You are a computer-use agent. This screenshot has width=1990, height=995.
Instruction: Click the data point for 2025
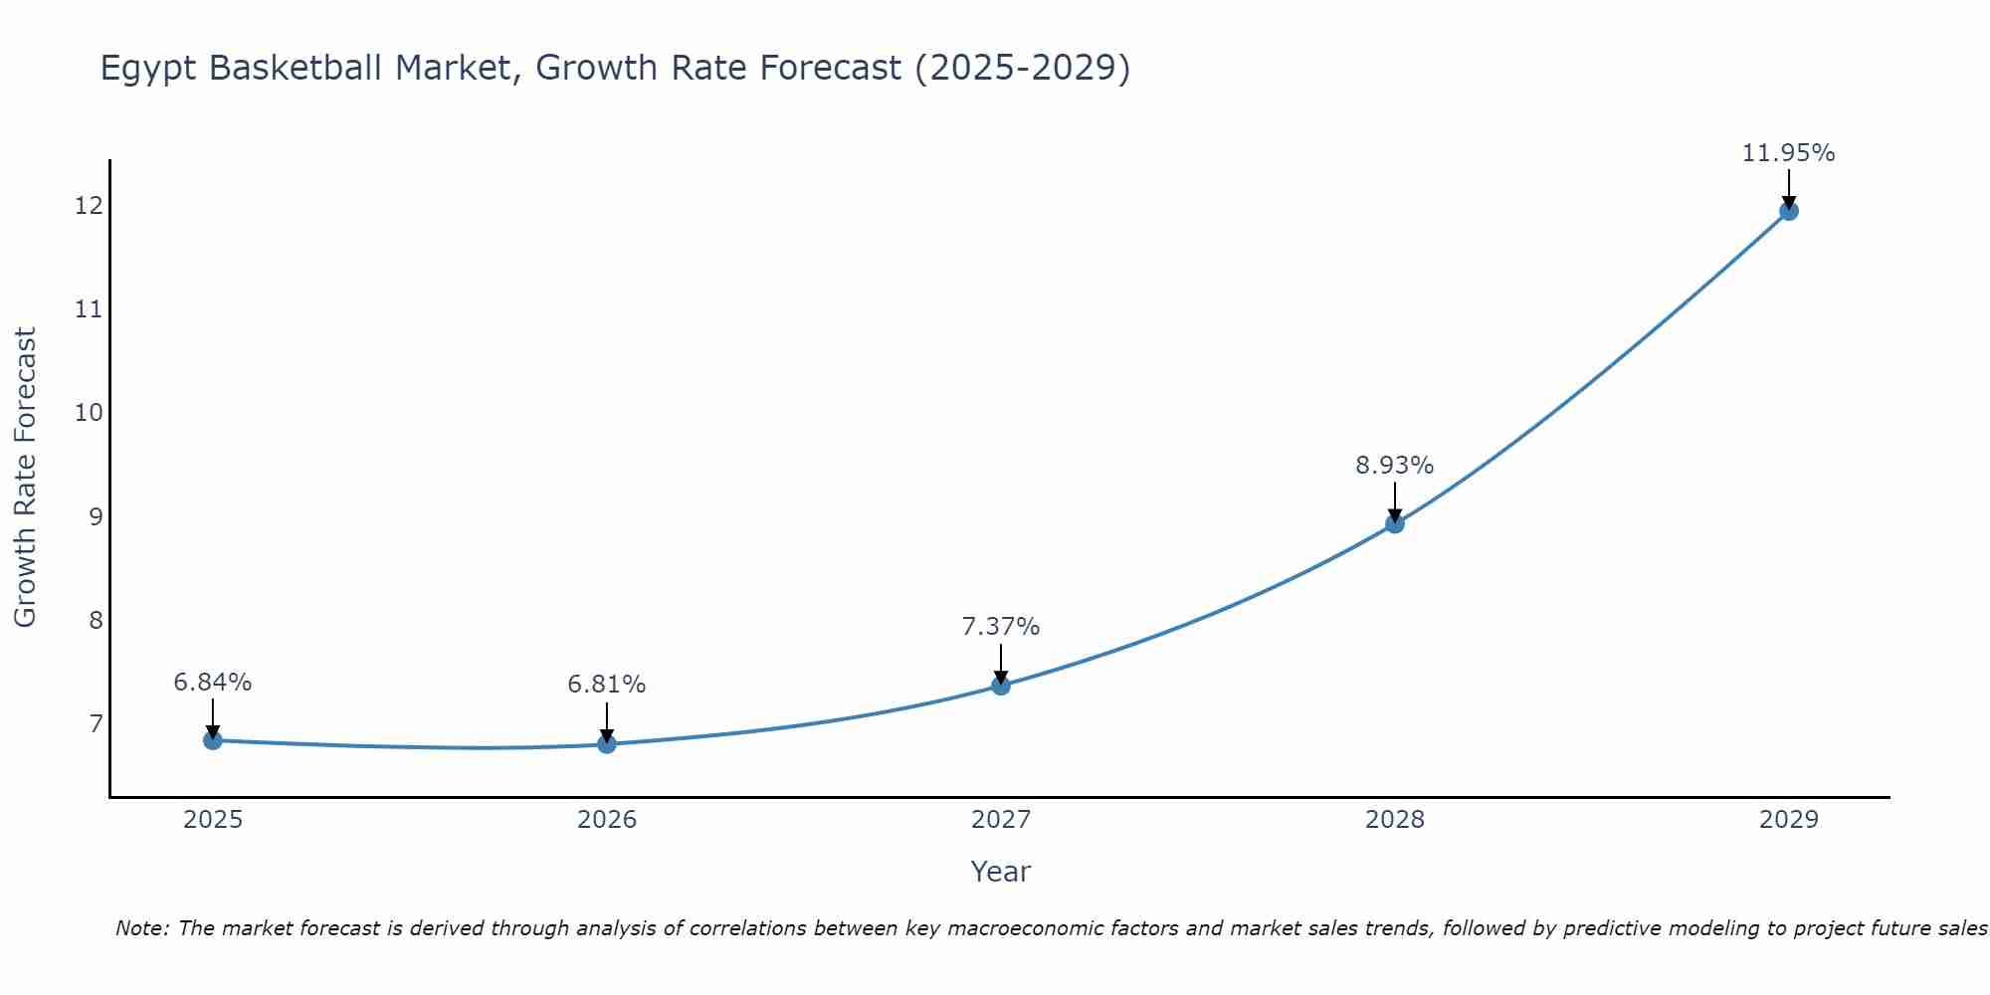coord(212,740)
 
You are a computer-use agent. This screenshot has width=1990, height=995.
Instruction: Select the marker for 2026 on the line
coord(607,743)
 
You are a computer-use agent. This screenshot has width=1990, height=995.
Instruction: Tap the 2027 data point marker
coord(1001,686)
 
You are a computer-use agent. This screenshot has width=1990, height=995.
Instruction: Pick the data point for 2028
coord(1395,524)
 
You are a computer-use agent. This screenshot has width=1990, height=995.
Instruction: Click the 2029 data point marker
coord(1788,211)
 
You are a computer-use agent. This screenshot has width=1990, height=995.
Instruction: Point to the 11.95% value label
coord(1788,153)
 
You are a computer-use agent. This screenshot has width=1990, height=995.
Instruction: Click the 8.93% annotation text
coord(1394,466)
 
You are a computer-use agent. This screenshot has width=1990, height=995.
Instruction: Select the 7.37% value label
coord(1000,627)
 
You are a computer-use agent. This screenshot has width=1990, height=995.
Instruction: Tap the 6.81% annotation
coord(606,685)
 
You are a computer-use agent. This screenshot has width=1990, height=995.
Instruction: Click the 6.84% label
coord(212,683)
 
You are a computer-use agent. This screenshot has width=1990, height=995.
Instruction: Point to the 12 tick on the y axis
coord(89,206)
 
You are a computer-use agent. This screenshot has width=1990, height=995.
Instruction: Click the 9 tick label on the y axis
coord(96,516)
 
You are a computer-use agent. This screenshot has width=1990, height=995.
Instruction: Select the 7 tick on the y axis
coord(96,723)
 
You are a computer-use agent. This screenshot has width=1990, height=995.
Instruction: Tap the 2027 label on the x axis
coord(1001,820)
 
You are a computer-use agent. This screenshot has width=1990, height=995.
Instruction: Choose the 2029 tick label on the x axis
coord(1788,820)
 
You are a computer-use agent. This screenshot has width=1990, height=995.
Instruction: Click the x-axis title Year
coord(1000,872)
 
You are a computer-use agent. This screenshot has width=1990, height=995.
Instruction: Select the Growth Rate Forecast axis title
coord(25,478)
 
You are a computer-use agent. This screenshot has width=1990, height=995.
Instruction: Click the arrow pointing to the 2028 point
coord(1395,501)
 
